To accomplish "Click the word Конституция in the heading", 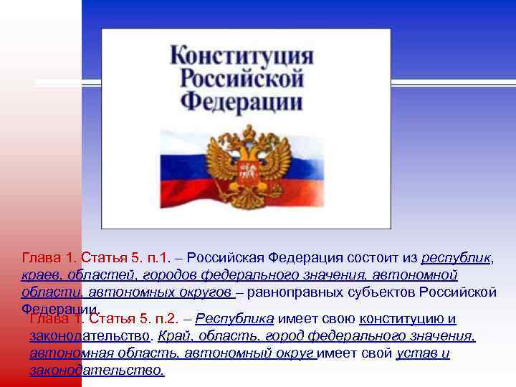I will coord(242,55).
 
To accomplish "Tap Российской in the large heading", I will coord(242,78).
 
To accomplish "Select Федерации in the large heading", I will coord(242,101).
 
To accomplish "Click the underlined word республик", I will coord(457,258).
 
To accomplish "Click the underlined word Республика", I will coord(234,319).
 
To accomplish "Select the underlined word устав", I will coord(416,353).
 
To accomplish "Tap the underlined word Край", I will coord(171,336).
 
